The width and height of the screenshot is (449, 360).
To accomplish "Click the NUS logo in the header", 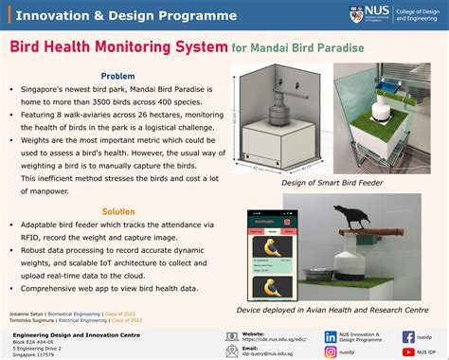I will tap(356, 15).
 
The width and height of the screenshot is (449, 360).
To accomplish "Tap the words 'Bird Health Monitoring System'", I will tap(117, 46).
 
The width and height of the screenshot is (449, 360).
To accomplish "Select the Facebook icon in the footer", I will tap(408, 336).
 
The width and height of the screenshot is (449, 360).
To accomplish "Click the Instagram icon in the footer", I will tap(331, 351).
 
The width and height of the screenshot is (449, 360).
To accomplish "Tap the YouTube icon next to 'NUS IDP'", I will tap(408, 351).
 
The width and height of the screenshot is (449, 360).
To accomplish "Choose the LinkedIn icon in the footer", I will tap(331, 336).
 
